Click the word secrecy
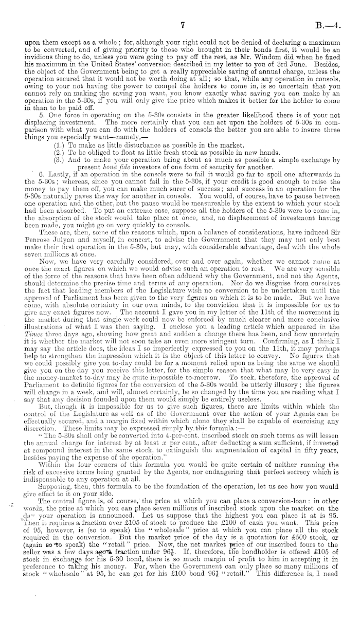(307, 478)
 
